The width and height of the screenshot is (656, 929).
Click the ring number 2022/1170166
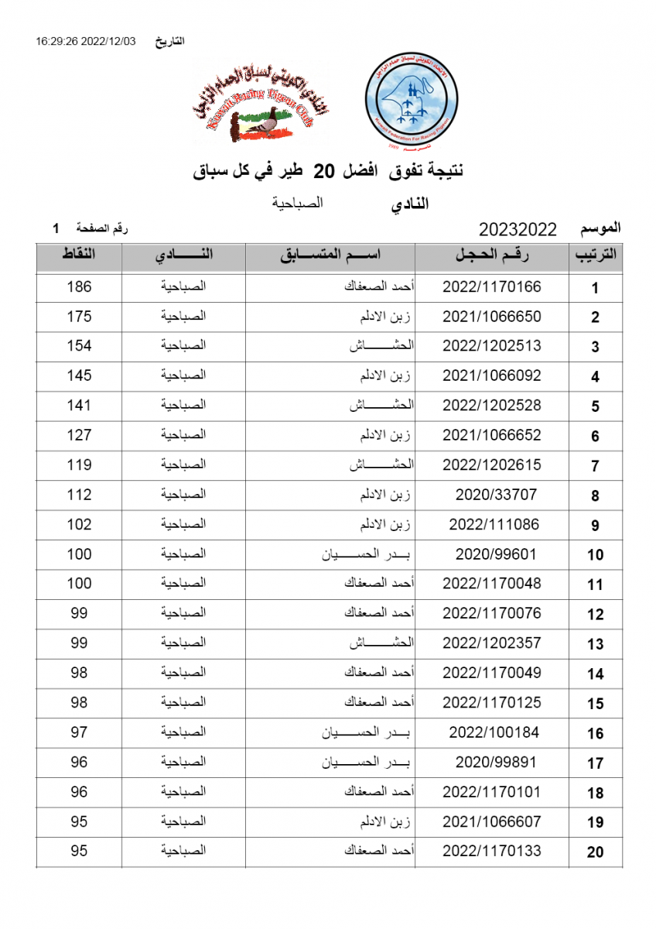(491, 287)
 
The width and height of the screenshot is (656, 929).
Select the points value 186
(79, 287)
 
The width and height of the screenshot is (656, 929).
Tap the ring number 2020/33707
(491, 495)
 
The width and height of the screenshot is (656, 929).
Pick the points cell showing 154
(79, 346)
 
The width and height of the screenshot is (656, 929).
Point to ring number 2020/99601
(491, 554)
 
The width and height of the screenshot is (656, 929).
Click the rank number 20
(595, 852)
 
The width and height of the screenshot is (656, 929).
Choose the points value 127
(79, 435)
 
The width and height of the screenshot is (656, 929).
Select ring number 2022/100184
(491, 732)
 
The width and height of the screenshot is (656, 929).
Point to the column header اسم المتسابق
(330, 257)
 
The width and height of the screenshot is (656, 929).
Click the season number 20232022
(518, 230)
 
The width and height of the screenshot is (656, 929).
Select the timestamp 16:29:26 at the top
(58, 41)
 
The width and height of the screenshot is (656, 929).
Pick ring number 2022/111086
(491, 524)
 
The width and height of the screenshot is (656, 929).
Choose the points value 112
(79, 495)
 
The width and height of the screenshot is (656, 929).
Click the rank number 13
(595, 645)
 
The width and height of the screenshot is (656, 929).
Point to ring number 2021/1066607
(491, 821)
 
